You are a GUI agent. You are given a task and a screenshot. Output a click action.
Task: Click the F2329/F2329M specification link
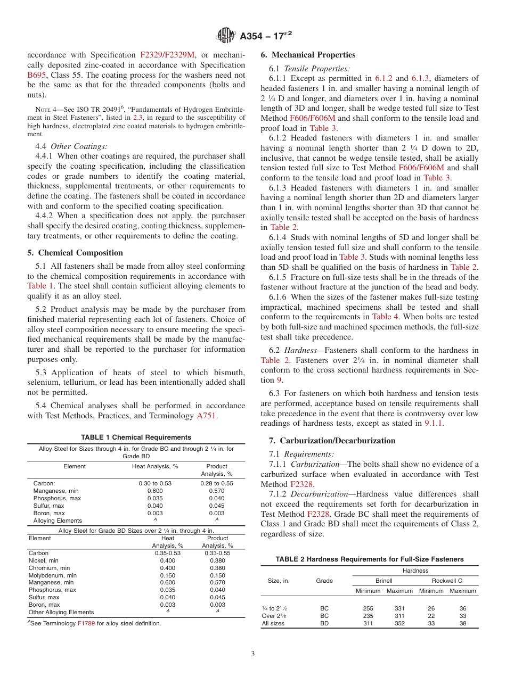(x=167, y=55)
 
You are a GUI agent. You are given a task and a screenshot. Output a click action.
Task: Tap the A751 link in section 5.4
(x=207, y=415)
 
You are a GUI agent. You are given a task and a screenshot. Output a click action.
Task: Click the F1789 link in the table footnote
(x=86, y=623)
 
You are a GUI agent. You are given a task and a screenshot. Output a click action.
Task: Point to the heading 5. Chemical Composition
(x=75, y=253)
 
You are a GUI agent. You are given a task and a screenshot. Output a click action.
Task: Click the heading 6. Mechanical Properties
(x=308, y=55)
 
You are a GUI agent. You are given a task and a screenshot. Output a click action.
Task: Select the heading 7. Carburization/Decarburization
(x=328, y=441)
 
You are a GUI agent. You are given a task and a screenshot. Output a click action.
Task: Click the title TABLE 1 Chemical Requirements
(x=136, y=437)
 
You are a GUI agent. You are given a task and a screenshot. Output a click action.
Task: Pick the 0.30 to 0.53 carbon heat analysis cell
(x=155, y=483)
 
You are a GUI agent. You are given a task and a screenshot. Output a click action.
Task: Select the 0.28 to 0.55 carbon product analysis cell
(x=216, y=483)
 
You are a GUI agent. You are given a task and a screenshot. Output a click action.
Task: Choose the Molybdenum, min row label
(x=52, y=575)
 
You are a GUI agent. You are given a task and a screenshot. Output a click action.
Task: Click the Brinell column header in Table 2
(x=383, y=581)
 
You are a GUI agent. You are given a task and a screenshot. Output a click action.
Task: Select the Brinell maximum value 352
(x=399, y=623)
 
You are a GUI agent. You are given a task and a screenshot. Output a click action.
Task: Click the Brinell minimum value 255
(x=368, y=608)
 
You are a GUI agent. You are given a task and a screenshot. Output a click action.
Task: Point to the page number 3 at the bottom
(x=253, y=654)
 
